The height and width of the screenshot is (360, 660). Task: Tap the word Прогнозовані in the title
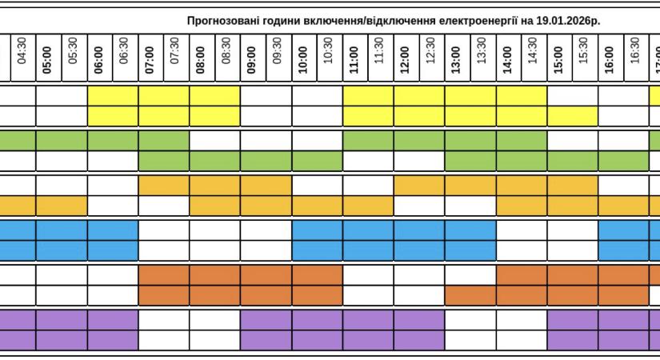(218, 21)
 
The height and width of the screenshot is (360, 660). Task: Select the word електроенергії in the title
(476, 21)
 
